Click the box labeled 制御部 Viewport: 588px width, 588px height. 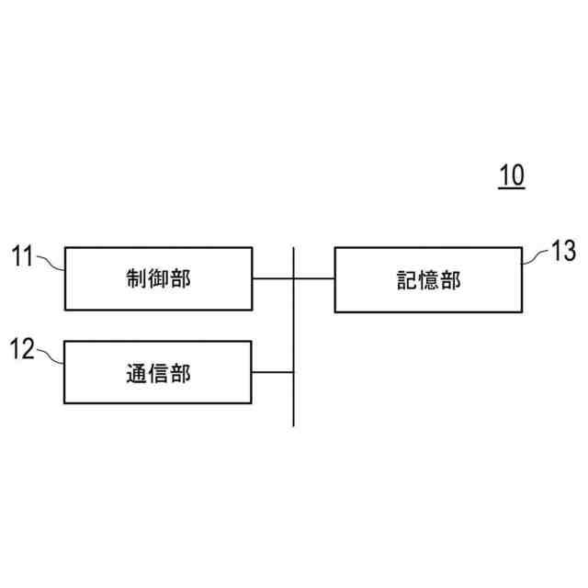158,278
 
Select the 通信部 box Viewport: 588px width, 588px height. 158,372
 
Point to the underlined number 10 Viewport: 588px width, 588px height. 512,175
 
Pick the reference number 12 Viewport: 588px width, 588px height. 23,348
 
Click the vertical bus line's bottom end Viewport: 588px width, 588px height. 294,424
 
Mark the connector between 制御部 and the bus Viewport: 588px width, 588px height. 273,278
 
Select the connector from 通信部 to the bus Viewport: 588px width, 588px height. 273,372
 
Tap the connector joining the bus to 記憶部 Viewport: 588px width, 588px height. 314,278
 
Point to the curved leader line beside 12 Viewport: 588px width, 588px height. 51,356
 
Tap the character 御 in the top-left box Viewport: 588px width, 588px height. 158,278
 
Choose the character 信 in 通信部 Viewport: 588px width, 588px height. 158,373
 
